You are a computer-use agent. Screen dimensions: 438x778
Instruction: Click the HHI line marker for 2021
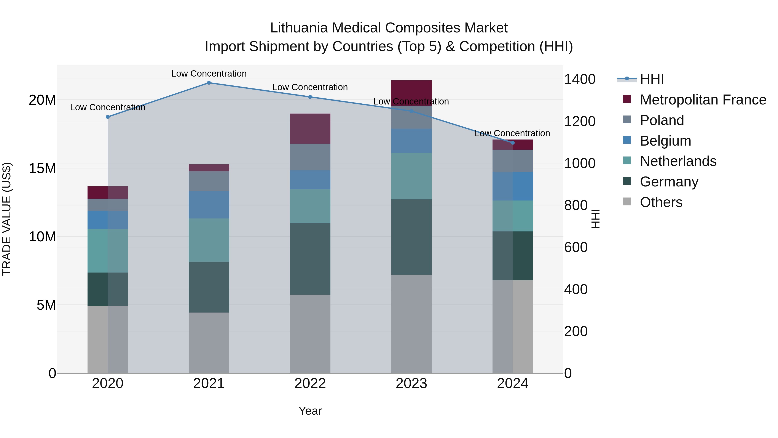(209, 83)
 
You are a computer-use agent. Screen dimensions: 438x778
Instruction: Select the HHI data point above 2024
(513, 143)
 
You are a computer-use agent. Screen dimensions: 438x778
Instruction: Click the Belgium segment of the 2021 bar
(209, 204)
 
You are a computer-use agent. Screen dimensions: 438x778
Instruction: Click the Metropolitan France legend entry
(703, 100)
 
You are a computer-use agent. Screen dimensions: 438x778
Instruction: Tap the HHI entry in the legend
(652, 79)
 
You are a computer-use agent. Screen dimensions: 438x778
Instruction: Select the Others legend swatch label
(661, 202)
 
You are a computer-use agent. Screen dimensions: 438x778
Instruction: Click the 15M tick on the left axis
(42, 168)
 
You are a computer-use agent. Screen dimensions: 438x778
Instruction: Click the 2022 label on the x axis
(310, 383)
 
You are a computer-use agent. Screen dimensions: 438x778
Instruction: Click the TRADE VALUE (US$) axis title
(7, 219)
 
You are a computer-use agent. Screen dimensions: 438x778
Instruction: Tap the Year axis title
(310, 411)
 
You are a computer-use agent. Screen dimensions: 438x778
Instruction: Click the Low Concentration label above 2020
(108, 107)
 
